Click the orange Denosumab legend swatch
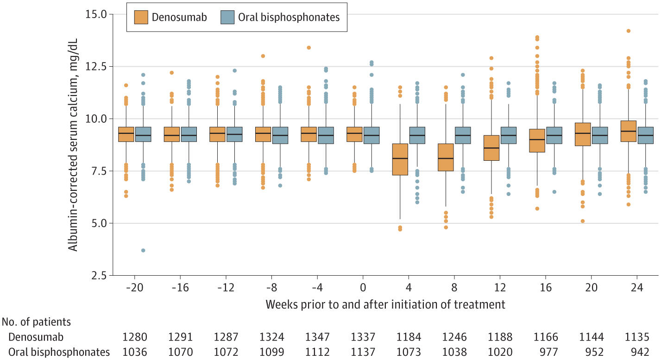142,18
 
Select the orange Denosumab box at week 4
400,159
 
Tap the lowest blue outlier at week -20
143,250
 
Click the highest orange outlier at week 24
629,31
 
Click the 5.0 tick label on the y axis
97,223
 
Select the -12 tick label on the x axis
226,288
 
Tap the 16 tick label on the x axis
546,288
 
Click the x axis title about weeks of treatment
385,304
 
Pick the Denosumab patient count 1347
317,336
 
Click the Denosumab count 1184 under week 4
409,336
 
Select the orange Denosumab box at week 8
446,158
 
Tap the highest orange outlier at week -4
308,47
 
